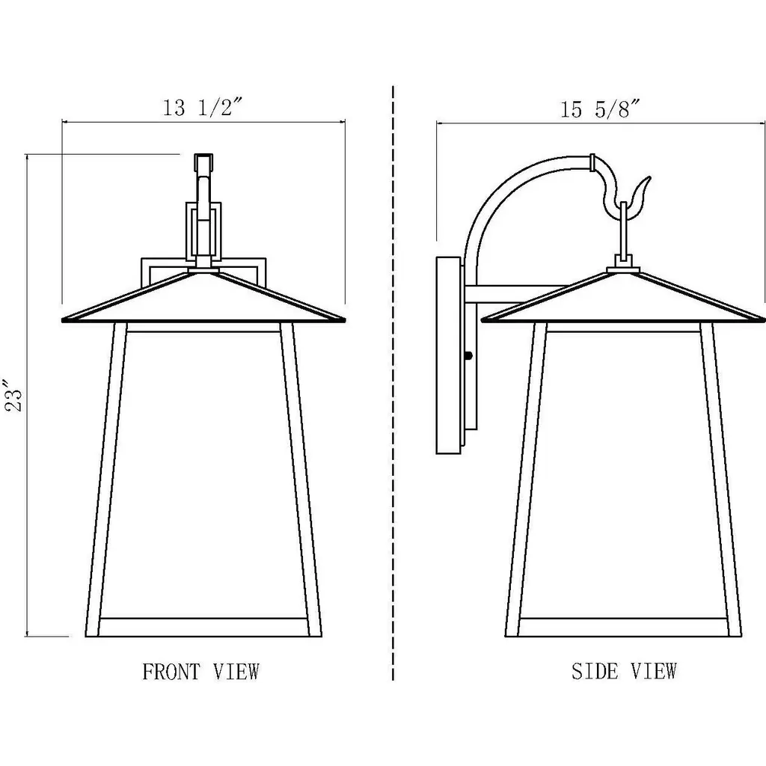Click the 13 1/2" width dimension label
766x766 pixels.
202,107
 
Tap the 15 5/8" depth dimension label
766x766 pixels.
600,109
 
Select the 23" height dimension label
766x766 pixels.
14,395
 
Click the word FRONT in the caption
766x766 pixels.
171,672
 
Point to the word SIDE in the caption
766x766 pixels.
595,671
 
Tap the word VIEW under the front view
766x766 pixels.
236,672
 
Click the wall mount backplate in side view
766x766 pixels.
448,355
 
